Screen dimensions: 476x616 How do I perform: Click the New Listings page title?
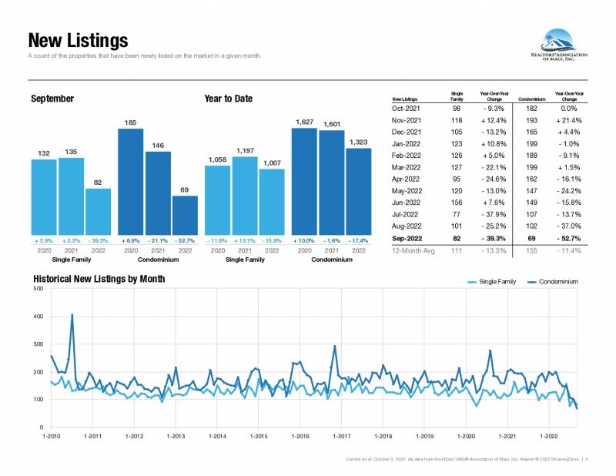point(78,39)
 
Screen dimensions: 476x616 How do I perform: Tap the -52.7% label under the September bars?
point(185,240)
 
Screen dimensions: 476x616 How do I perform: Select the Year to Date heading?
point(228,99)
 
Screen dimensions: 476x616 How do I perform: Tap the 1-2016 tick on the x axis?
point(300,437)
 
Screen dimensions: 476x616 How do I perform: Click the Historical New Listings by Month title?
point(99,279)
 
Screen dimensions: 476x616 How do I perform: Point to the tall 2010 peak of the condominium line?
point(72,314)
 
